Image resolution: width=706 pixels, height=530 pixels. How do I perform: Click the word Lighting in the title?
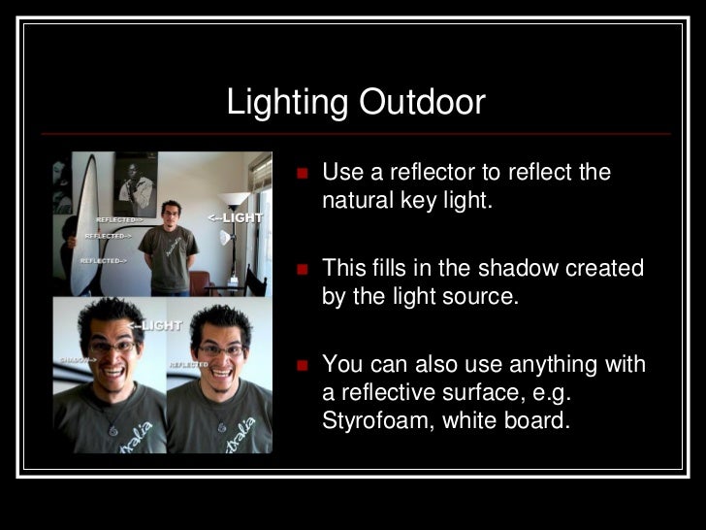point(288,102)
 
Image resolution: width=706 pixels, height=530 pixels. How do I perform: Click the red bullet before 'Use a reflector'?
point(302,175)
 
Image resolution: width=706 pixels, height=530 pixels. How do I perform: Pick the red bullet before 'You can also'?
point(302,366)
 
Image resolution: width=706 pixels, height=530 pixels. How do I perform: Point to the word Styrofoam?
point(377,422)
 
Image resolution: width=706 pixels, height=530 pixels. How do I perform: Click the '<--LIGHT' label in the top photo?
point(235,217)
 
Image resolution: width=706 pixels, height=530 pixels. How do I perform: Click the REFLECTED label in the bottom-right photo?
point(188,364)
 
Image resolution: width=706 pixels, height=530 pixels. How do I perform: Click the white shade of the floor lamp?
point(233,199)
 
